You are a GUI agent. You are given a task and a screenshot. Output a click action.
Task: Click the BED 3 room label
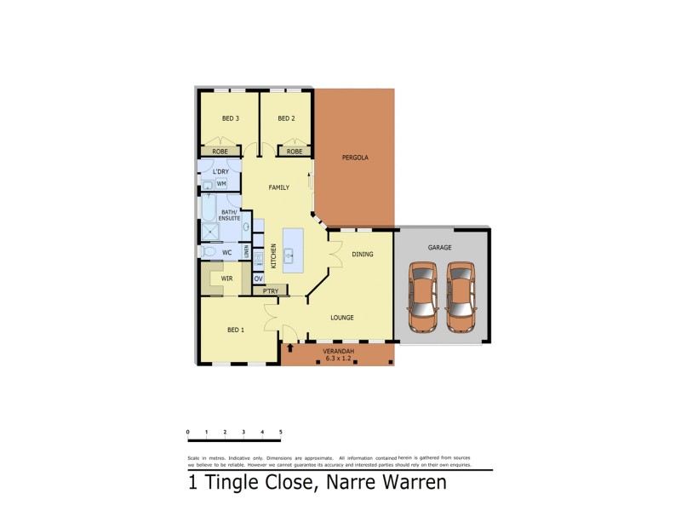coord(230,118)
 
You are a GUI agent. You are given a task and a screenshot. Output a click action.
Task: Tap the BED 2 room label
coord(286,118)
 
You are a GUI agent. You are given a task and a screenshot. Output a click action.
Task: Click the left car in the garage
coord(424,296)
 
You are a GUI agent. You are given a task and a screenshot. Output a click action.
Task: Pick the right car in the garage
coord(461,296)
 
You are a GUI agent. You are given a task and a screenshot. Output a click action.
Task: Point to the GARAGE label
coord(439,247)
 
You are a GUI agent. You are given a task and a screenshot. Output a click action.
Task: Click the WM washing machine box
coord(221,183)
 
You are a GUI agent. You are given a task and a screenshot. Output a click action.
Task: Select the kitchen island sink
coord(289,254)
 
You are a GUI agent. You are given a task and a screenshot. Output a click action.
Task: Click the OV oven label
coord(258,278)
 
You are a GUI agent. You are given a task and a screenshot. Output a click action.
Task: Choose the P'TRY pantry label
coord(271,292)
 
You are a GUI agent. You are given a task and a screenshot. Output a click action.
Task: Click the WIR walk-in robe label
coord(227,278)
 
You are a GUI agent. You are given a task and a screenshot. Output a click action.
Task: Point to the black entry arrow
coord(291,347)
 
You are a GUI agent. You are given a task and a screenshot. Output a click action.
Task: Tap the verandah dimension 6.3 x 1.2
coord(338,359)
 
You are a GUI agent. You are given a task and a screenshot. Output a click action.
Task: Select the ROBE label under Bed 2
coord(294,152)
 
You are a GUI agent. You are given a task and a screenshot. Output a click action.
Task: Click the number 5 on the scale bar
coord(280,433)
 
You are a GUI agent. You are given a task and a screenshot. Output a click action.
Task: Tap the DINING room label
coord(362,254)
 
